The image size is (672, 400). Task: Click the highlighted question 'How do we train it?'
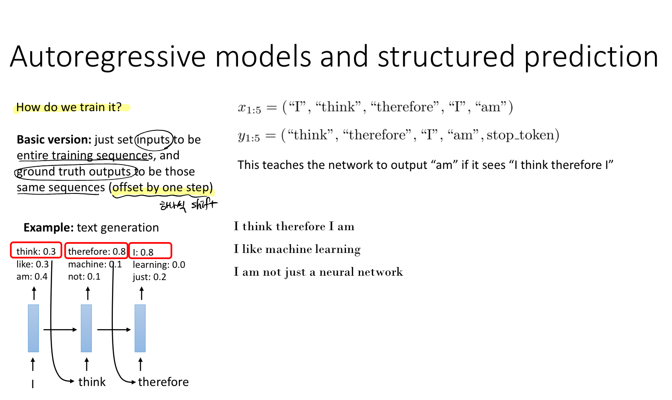[x=69, y=107]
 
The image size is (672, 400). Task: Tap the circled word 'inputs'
[x=154, y=140]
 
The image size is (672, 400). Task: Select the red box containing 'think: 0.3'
[x=36, y=250]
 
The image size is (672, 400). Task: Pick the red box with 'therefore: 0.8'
[x=96, y=250]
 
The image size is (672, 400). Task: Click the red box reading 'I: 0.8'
[x=150, y=251]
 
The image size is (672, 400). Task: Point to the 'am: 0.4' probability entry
[x=32, y=277]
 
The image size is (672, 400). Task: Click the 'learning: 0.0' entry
[x=159, y=265]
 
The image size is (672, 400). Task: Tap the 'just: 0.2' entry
[x=149, y=277]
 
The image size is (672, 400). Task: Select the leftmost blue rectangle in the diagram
[x=33, y=328]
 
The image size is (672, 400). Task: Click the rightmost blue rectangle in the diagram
[x=140, y=328]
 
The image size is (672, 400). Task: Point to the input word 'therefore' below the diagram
[x=164, y=382]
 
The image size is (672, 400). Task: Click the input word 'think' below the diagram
[x=92, y=382]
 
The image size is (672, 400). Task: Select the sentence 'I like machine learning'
[x=297, y=249]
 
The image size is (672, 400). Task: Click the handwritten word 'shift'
[x=204, y=205]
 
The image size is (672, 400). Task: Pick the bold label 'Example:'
[x=49, y=228]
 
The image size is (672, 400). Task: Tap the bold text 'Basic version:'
[x=54, y=140]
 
